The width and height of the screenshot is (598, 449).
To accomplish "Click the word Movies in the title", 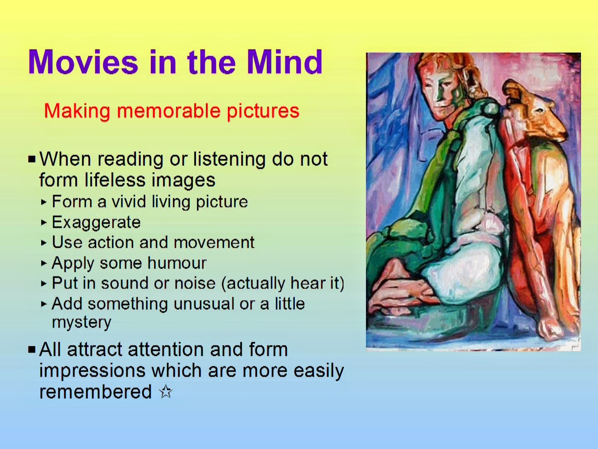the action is tap(83, 62).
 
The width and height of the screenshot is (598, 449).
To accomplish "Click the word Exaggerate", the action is tap(96, 222).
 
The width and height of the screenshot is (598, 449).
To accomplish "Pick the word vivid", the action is tap(128, 202).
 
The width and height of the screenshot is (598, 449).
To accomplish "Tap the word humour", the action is tap(177, 263).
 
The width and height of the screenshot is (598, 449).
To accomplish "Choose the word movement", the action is tap(214, 242).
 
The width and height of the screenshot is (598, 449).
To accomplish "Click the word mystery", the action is tap(82, 323).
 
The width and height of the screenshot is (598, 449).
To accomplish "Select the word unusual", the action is tap(204, 303).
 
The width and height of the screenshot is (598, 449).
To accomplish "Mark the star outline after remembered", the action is tap(166, 392).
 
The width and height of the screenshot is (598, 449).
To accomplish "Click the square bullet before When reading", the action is tap(32, 159).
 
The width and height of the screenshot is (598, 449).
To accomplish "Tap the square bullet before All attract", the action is tap(32, 349).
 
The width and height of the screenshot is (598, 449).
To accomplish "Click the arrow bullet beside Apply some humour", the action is tap(44, 263).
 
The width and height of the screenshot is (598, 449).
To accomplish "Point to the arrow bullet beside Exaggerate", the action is tap(44, 223).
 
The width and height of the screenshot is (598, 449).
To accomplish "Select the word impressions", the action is tap(92, 371).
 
